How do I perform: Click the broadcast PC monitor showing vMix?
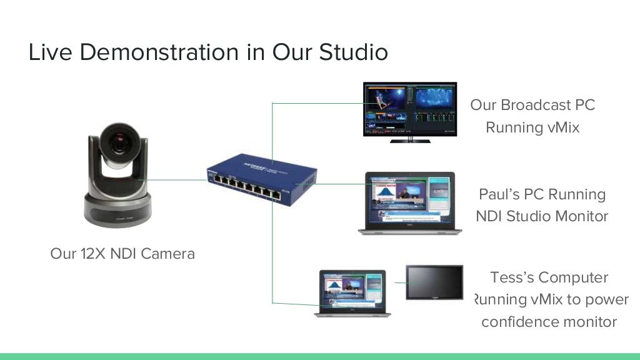pyautogui.click(x=410, y=108)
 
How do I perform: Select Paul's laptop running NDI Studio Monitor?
pyautogui.click(x=410, y=202)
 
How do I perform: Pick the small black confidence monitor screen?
pyautogui.click(x=434, y=282)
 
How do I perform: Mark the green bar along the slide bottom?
pyautogui.click(x=320, y=356)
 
